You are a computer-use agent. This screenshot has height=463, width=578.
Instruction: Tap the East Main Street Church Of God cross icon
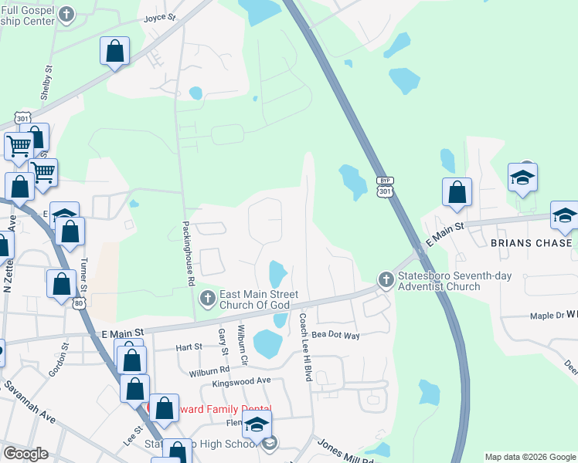207,298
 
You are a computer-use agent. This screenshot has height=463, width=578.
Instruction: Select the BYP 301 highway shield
385,186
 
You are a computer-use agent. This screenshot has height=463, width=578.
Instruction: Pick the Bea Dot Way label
336,336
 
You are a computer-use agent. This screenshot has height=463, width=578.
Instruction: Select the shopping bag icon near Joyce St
115,52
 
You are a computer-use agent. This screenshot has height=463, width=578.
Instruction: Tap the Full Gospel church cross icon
68,14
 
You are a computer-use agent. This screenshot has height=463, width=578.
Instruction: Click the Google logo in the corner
25,453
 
